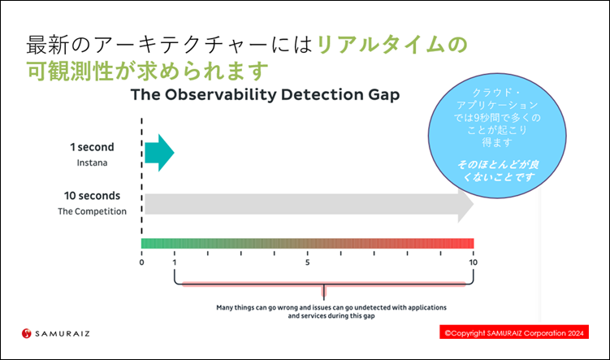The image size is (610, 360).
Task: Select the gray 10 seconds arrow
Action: [x=309, y=204]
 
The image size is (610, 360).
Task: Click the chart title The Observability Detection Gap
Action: [x=265, y=94]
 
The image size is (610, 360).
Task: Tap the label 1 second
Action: [x=93, y=147]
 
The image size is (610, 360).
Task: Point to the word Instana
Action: [x=93, y=163]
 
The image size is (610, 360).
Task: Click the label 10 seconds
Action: [x=93, y=196]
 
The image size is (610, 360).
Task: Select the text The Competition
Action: [x=93, y=211]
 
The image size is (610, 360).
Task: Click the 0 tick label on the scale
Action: [x=141, y=262]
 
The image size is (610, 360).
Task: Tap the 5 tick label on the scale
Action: [x=307, y=262]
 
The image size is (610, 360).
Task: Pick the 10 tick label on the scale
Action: [x=473, y=262]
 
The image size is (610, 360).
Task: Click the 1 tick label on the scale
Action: [x=175, y=262]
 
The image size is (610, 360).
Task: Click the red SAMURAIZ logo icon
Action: [x=27, y=333]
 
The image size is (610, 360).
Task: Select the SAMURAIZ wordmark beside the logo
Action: [x=63, y=333]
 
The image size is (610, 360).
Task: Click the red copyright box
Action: [x=514, y=332]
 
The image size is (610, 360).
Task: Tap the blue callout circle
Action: [x=497, y=136]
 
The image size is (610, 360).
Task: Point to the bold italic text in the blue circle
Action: [x=498, y=171]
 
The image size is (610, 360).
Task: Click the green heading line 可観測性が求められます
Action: [x=148, y=71]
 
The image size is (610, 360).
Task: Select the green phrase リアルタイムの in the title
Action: [x=392, y=45]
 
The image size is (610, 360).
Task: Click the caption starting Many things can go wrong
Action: [x=331, y=312]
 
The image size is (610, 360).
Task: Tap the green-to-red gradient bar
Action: [x=307, y=243]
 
